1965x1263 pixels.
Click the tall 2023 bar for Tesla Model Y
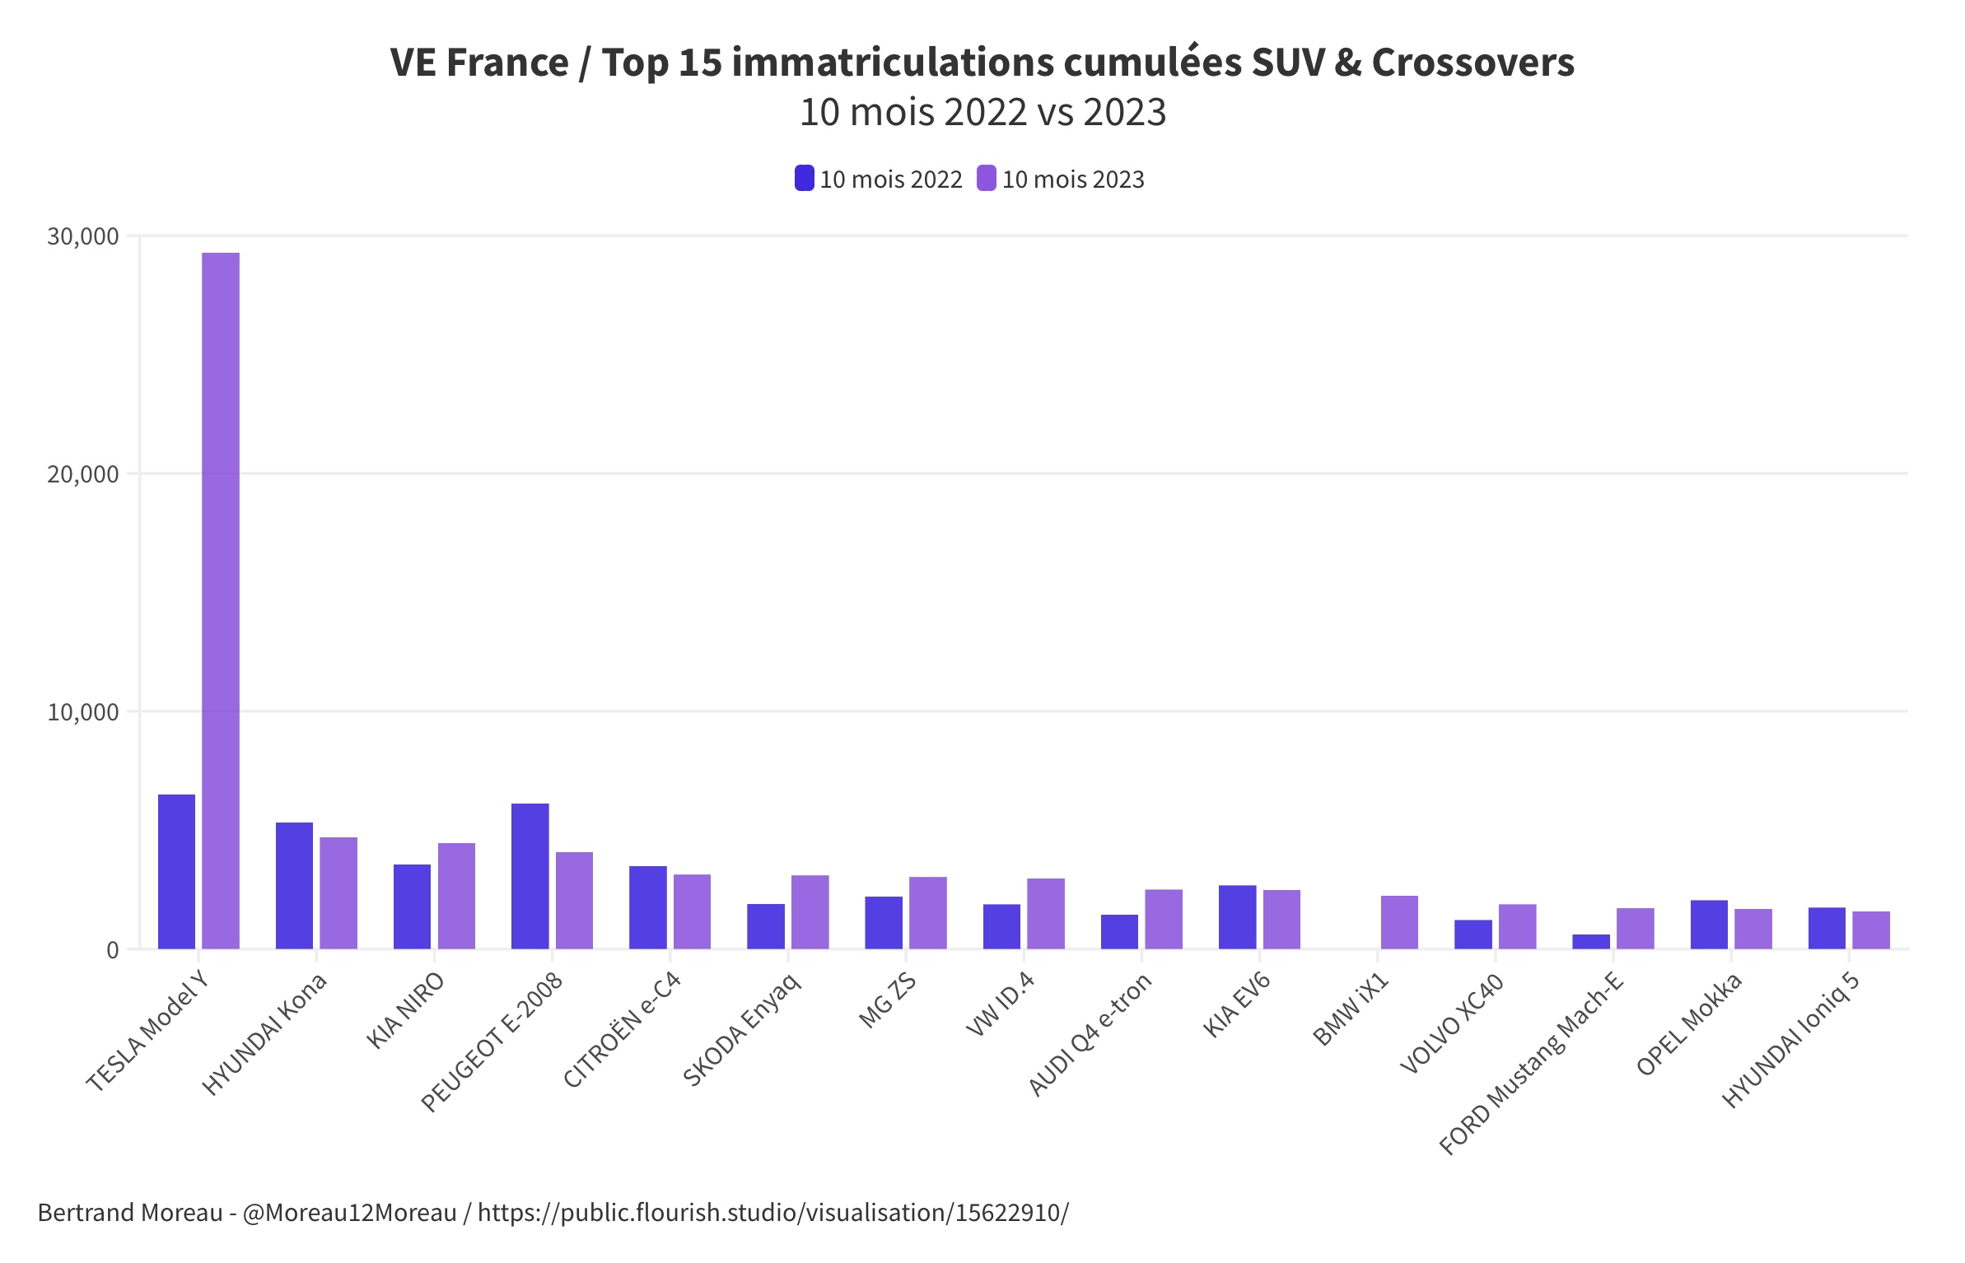[221, 600]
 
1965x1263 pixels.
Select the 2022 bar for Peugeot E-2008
[530, 876]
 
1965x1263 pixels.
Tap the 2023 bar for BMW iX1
[1399, 922]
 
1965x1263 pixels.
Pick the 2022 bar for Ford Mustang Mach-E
[1590, 941]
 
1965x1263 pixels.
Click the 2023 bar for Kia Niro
[456, 896]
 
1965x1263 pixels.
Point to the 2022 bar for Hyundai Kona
[294, 885]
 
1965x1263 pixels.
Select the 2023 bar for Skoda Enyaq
[810, 911]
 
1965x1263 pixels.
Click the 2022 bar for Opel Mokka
[1709, 924]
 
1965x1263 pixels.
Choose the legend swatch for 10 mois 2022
[804, 179]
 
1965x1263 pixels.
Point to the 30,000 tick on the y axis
[83, 237]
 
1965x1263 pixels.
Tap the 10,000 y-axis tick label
[83, 712]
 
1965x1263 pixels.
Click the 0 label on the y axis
[113, 950]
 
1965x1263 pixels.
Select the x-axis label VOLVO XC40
[1451, 1024]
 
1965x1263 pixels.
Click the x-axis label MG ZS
[887, 1000]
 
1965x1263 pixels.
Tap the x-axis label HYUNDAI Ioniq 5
[1790, 1041]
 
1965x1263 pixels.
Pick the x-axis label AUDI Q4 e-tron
[1090, 1034]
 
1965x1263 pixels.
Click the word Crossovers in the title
[1473, 63]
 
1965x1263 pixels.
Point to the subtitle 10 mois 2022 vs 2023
[982, 113]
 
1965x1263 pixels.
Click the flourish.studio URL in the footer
[772, 1213]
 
